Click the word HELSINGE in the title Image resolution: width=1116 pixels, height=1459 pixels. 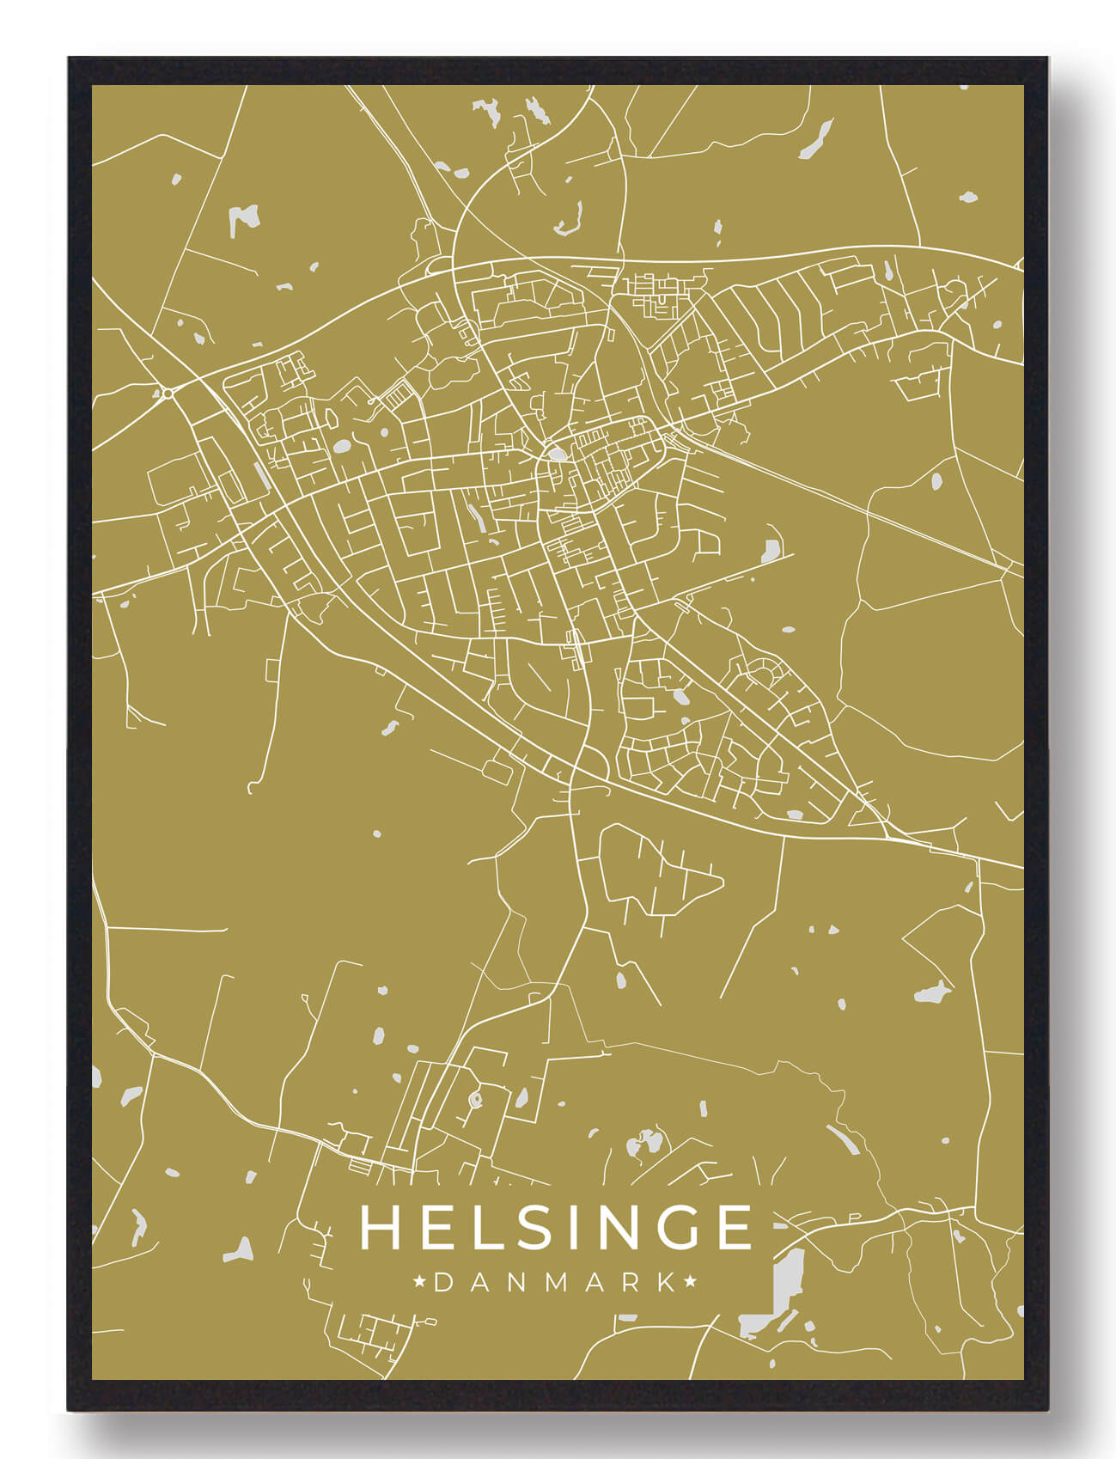point(556,1227)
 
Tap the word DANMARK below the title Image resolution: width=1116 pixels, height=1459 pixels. point(556,1282)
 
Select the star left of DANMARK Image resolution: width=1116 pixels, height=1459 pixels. point(420,1282)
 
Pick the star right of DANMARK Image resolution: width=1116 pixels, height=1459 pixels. point(690,1282)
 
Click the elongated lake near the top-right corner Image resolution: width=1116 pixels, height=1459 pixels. point(815,140)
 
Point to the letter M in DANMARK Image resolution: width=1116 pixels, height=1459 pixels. point(555,1282)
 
